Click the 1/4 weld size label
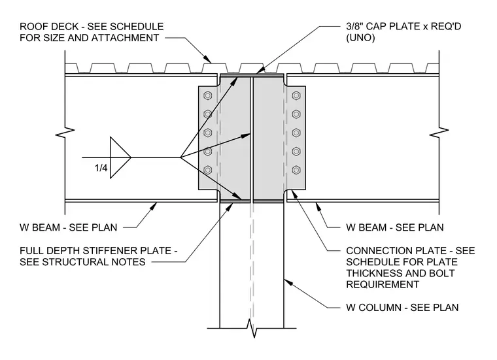101,168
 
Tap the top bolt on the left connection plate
207,95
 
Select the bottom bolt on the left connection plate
207,170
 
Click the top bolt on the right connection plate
296,95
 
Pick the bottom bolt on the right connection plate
296,170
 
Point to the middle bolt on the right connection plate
296,133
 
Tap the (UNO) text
360,38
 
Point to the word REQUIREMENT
383,284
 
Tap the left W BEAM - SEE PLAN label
69,227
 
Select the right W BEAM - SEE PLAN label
395,227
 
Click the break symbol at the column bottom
252,329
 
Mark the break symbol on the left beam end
65,133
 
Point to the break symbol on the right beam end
439,133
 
